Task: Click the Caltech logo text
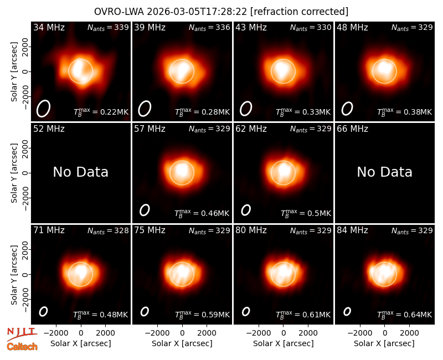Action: (22, 347)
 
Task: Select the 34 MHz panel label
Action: (49, 27)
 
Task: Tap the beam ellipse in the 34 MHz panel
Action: (43, 108)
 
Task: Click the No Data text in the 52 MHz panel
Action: (81, 172)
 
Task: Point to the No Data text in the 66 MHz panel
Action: (384, 172)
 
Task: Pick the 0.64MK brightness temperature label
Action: (405, 315)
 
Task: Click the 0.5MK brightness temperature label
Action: (306, 213)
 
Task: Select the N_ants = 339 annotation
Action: (108, 27)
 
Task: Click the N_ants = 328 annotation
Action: (108, 230)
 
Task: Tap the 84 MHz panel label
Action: (352, 230)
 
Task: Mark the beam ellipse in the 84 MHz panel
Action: (347, 311)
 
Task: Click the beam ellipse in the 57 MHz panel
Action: (145, 210)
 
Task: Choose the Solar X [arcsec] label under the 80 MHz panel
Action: (284, 343)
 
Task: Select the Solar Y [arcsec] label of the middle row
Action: (14, 173)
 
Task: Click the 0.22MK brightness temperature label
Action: (101, 112)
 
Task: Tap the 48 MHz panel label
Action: (352, 27)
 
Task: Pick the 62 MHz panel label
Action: (251, 129)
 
